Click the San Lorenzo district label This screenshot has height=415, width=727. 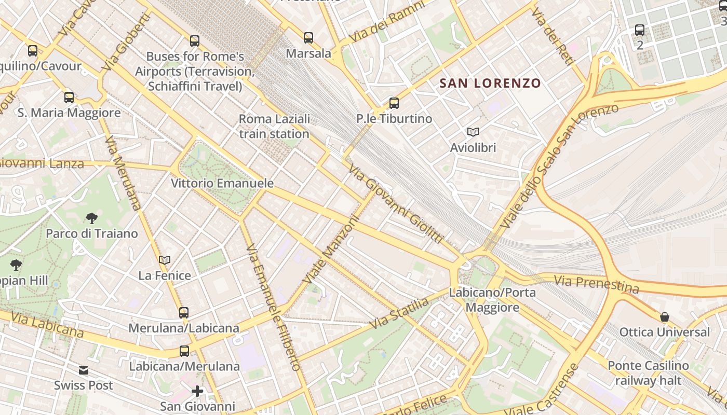click(490, 83)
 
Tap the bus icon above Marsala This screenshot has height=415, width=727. click(308, 37)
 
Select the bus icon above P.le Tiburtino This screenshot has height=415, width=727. click(394, 103)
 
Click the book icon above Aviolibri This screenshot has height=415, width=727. click(473, 132)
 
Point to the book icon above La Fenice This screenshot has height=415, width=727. click(165, 260)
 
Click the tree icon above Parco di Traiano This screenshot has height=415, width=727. click(92, 218)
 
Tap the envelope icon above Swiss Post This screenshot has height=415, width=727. click(84, 370)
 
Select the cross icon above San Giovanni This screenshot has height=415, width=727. click(197, 391)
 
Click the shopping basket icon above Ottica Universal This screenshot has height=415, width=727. click(664, 316)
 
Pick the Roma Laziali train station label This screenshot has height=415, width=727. click(274, 126)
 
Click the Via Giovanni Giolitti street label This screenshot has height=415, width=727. click(396, 204)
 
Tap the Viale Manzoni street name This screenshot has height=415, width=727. click(332, 250)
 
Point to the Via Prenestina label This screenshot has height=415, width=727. click(596, 284)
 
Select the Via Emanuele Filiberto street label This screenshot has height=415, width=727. click(273, 307)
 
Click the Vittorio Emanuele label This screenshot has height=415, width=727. click(222, 183)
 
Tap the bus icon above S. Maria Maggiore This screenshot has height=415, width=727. click(69, 97)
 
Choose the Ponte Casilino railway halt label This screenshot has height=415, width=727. click(648, 372)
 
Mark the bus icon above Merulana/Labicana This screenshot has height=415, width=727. click(184, 312)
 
